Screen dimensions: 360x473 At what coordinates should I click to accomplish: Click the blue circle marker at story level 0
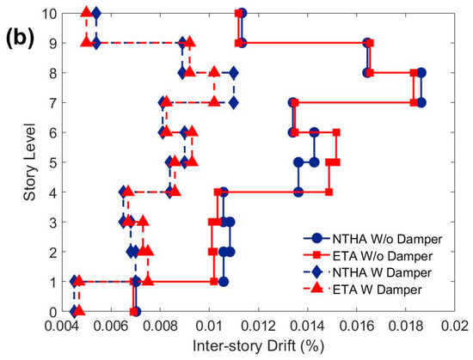point(136,311)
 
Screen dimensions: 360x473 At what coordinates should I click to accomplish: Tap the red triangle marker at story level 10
point(86,12)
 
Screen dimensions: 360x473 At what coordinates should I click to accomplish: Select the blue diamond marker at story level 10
point(95,13)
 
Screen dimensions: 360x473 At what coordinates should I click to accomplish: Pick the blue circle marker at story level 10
point(243,13)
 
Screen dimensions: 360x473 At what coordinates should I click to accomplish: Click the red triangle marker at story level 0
point(78,311)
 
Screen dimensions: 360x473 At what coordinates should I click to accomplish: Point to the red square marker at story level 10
point(238,13)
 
